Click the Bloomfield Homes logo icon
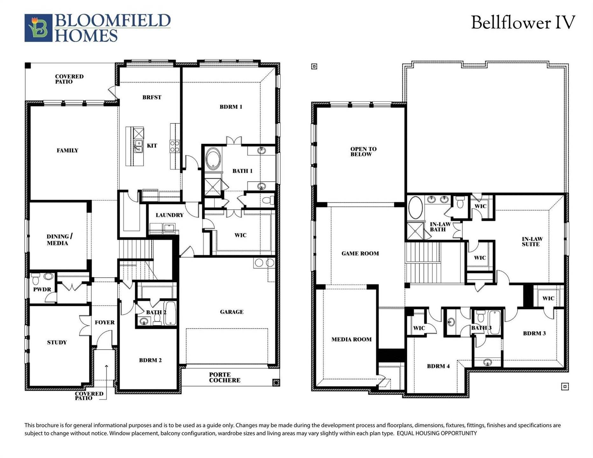coord(38,28)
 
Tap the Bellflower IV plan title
coord(523,23)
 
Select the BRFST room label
coord(152,97)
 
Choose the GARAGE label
coord(232,312)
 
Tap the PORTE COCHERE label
coord(225,378)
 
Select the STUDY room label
coord(57,343)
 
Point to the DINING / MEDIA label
coord(59,240)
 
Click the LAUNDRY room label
coord(170,215)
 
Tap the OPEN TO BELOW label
coord(363,152)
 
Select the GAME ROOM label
coord(360,253)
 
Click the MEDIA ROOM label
coord(352,339)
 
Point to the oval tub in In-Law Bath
coord(415,208)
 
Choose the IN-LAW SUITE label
coord(532,242)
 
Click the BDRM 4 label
coord(438,366)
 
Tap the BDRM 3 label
coord(534,333)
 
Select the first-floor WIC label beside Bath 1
coord(240,235)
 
